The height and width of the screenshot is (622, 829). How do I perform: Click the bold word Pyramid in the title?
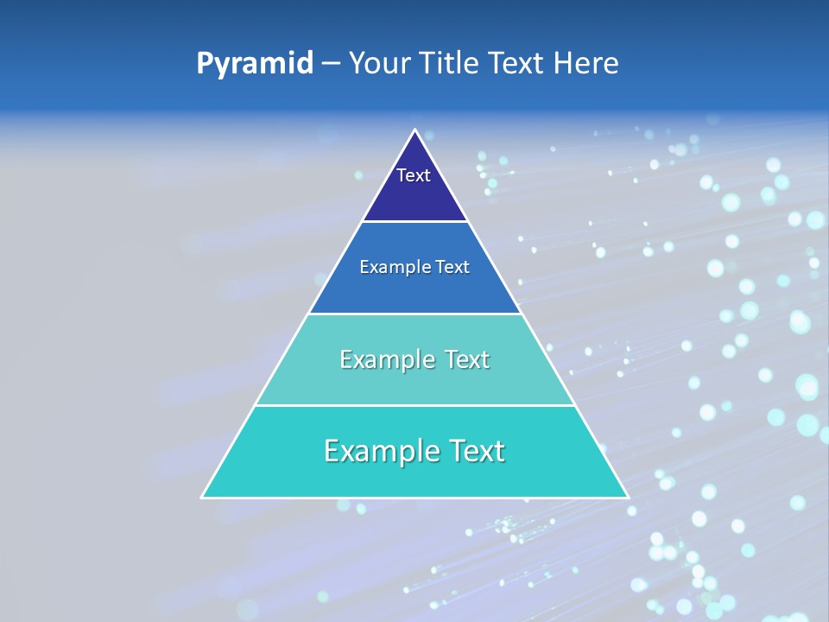(x=254, y=64)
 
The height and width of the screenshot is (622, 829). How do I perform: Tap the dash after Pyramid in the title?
(x=331, y=64)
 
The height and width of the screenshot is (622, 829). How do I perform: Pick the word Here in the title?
(x=587, y=64)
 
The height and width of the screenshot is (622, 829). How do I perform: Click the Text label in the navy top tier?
(x=414, y=175)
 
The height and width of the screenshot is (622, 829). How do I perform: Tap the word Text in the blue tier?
(x=452, y=267)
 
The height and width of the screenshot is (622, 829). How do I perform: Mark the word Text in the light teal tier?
(x=466, y=359)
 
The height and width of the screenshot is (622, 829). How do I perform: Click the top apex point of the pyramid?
(x=414, y=130)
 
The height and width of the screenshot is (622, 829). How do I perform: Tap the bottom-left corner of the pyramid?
(x=203, y=497)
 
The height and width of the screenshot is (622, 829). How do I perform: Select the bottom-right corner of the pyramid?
(x=627, y=497)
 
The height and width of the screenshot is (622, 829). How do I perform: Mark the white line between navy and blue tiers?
(x=414, y=221)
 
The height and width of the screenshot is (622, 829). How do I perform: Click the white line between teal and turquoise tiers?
(x=414, y=405)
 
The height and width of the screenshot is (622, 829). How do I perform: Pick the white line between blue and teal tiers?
(x=414, y=314)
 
